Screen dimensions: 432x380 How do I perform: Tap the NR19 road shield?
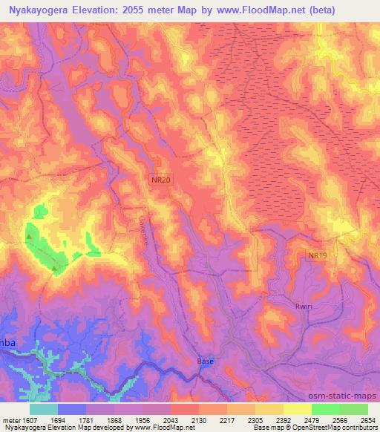(x=318, y=255)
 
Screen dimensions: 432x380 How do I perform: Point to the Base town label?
(x=206, y=361)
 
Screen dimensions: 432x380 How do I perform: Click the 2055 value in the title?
(x=134, y=10)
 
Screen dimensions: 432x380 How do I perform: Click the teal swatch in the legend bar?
(x=44, y=409)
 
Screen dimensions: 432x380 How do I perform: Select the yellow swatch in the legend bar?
(x=297, y=409)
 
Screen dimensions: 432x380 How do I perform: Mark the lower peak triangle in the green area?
(x=54, y=269)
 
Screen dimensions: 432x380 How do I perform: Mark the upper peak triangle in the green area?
(x=29, y=237)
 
